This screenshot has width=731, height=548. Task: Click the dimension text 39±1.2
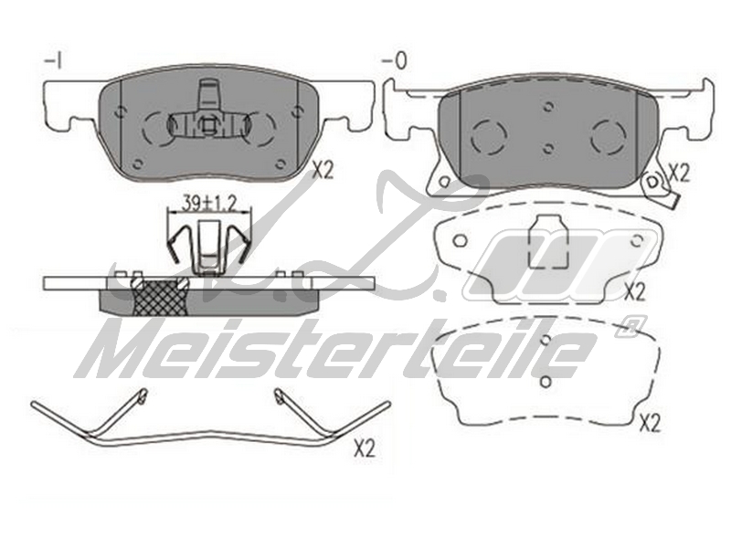click(x=209, y=203)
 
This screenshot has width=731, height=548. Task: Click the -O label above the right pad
click(x=395, y=60)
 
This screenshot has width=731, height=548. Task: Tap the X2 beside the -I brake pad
click(x=323, y=172)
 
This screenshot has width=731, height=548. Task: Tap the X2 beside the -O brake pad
click(x=679, y=174)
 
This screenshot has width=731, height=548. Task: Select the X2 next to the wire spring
click(x=365, y=448)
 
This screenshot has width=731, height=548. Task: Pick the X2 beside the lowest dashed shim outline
click(x=650, y=423)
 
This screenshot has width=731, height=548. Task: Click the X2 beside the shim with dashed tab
click(x=634, y=292)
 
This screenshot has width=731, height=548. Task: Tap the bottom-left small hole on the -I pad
click(x=138, y=163)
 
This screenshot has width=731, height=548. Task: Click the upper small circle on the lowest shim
click(x=545, y=340)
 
